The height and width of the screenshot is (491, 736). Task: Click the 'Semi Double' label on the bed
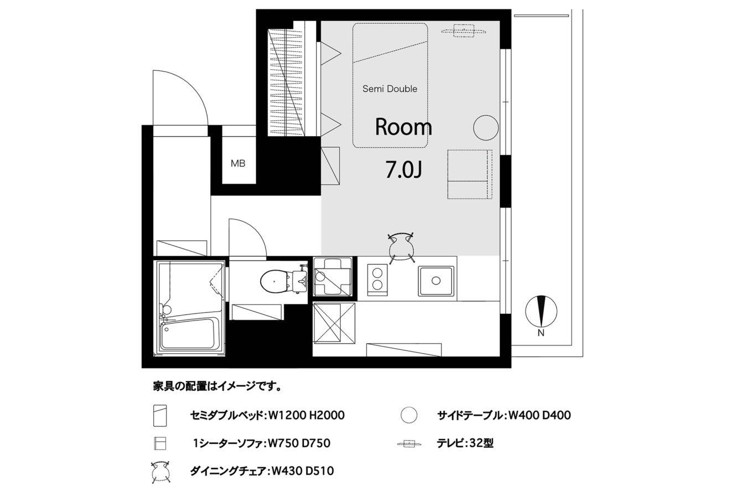(x=390, y=89)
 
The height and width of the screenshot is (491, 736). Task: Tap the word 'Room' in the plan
(x=403, y=127)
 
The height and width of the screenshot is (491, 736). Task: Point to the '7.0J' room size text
(x=403, y=170)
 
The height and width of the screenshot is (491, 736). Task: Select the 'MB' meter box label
(x=238, y=163)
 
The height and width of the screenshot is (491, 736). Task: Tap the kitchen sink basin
(x=436, y=281)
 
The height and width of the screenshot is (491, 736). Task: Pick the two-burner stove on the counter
(x=377, y=280)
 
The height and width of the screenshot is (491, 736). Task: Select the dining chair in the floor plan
(x=401, y=248)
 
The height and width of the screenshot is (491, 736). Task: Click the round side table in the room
(x=486, y=128)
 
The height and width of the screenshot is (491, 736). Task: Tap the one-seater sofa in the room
(x=470, y=174)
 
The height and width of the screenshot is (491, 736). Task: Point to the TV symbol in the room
(x=464, y=31)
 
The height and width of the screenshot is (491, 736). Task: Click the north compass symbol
(x=541, y=312)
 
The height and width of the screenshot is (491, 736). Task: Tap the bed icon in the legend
(x=160, y=415)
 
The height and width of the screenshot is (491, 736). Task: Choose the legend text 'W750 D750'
(x=299, y=443)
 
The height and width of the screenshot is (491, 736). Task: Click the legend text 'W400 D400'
(x=540, y=415)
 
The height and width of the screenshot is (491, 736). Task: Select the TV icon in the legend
(x=409, y=444)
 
